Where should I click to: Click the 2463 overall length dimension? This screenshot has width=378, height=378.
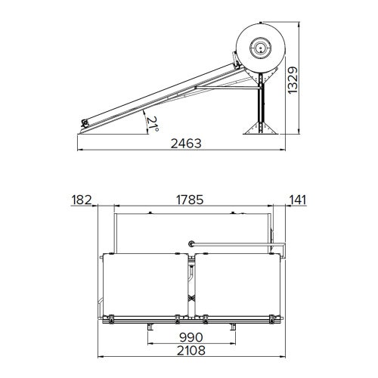184,144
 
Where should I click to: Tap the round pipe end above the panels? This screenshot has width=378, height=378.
192,244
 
